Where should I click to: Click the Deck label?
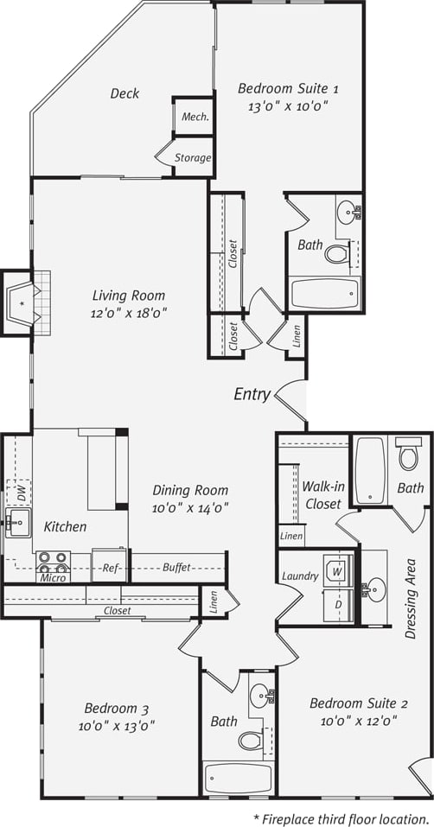click(x=124, y=93)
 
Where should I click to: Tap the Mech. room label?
click(x=194, y=117)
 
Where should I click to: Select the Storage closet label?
click(x=192, y=158)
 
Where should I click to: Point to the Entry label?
click(x=252, y=395)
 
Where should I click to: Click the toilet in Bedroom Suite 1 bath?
click(x=336, y=253)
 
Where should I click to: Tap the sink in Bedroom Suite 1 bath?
click(x=348, y=211)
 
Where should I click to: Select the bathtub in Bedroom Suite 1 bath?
click(x=324, y=293)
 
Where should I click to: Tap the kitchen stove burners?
click(x=54, y=563)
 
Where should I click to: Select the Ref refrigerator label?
click(x=110, y=568)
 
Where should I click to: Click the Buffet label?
click(x=178, y=568)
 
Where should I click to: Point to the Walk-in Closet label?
click(x=322, y=494)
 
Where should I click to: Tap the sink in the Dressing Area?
click(x=373, y=588)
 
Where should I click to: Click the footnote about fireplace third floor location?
click(x=342, y=817)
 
